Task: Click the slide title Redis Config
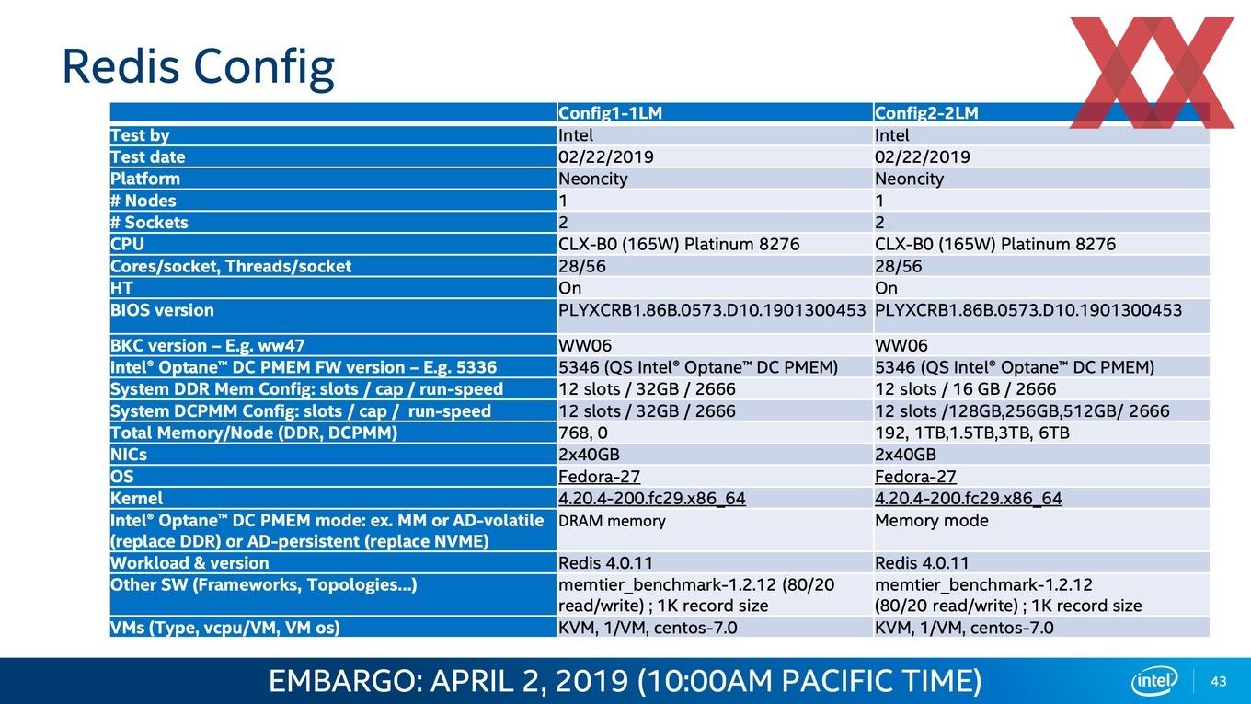[x=199, y=68]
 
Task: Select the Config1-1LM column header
[x=610, y=113]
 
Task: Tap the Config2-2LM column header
[x=926, y=113]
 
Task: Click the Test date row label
[x=148, y=157]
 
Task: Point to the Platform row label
[x=145, y=179]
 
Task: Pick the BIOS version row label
[x=162, y=310]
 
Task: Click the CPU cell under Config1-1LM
[x=679, y=244]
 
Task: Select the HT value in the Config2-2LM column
[x=886, y=288]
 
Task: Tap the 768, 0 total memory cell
[x=582, y=433]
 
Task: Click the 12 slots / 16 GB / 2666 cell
[x=965, y=389]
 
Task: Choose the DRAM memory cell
[x=612, y=521]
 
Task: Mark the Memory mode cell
[x=931, y=521]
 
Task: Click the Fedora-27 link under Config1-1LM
[x=599, y=477]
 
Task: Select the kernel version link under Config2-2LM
[x=968, y=499]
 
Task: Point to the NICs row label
[x=129, y=455]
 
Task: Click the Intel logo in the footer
[x=1154, y=681]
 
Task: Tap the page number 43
[x=1219, y=681]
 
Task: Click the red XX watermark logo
[x=1152, y=72]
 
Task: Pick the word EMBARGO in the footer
[x=340, y=681]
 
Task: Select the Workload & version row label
[x=189, y=563]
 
